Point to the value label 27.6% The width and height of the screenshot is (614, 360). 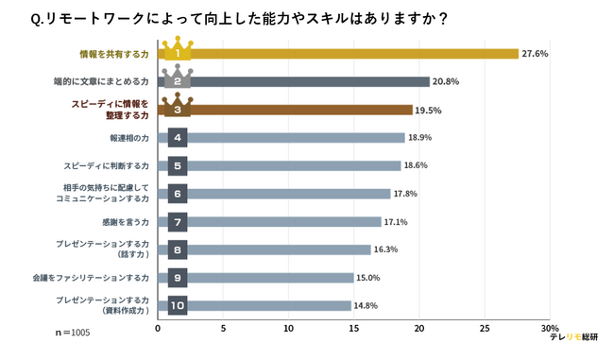click(535, 54)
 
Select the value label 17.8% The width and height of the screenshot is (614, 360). click(404, 194)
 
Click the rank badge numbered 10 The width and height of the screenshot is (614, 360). click(177, 306)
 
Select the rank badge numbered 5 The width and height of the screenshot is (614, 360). click(177, 166)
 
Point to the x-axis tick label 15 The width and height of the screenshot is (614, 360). click(353, 329)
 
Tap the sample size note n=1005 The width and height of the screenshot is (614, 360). click(73, 334)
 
